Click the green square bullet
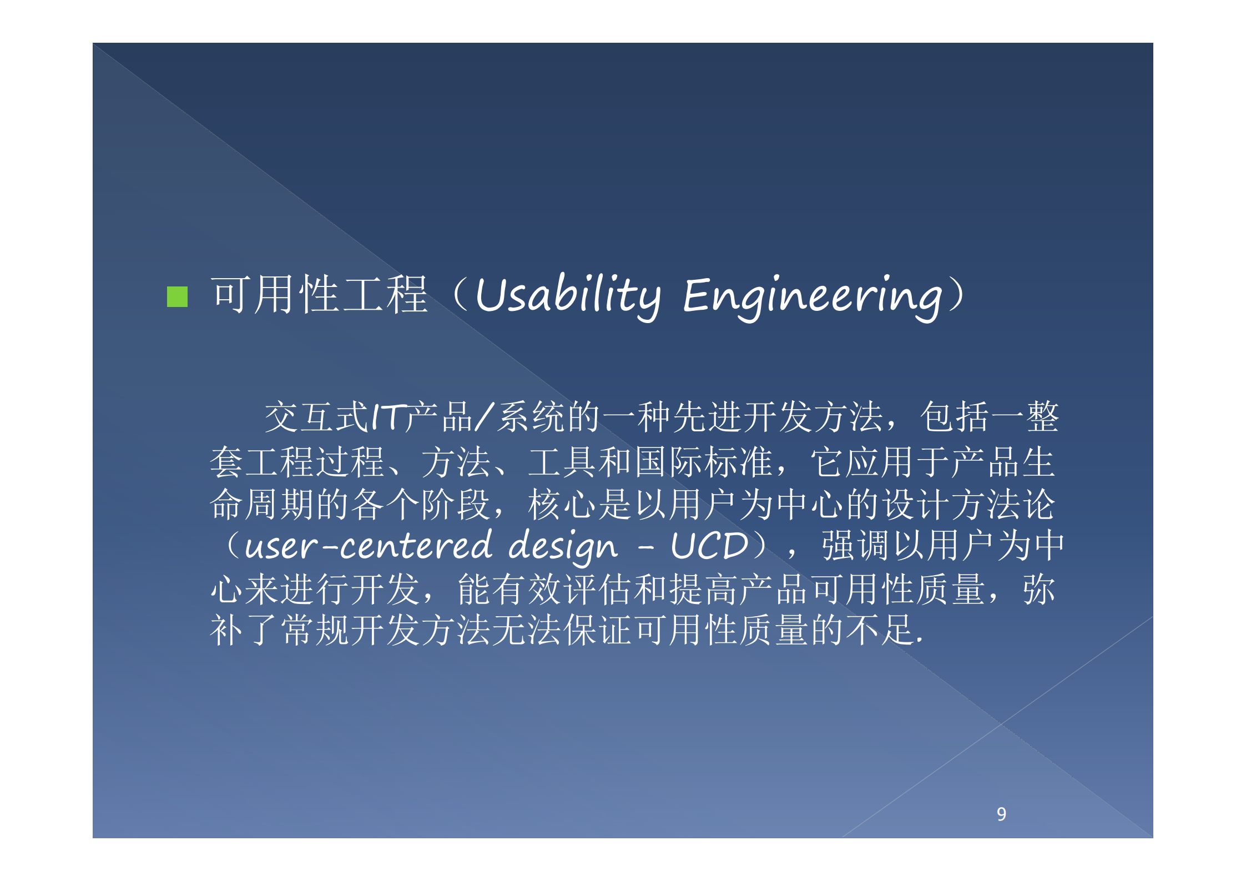(177, 296)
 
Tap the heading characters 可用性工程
(320, 295)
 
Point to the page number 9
(1001, 814)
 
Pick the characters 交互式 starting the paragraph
(316, 417)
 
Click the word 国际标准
(705, 462)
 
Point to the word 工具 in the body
(563, 462)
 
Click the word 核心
(563, 504)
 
